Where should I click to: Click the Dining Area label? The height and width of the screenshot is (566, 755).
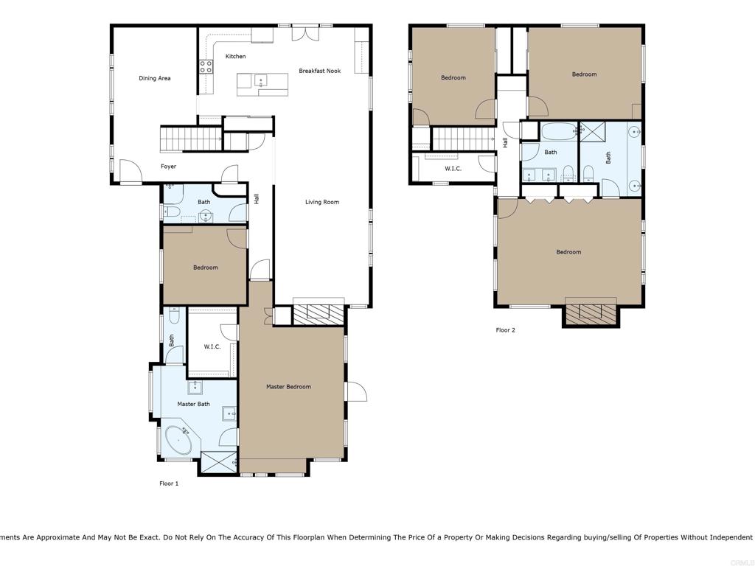(155, 78)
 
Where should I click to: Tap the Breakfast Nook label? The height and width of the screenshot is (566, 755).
(319, 71)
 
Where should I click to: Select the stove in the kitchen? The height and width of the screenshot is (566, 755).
(206, 68)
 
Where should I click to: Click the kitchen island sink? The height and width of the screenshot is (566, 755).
(260, 81)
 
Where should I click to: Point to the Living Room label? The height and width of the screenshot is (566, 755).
(322, 202)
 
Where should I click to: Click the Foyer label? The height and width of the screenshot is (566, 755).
(169, 167)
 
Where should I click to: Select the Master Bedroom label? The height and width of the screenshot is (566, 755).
(288, 387)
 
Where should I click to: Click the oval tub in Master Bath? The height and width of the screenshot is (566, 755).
(178, 441)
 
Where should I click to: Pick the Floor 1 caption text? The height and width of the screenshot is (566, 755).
(169, 483)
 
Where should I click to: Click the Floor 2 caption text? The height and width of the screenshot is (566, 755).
(505, 330)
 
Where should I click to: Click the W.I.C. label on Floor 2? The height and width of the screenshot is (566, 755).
(453, 169)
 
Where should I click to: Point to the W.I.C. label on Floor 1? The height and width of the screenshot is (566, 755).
(212, 346)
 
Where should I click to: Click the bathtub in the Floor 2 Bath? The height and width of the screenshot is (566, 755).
(559, 133)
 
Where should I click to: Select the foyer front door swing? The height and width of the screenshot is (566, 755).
(131, 172)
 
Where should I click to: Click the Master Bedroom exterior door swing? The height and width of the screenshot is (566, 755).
(355, 391)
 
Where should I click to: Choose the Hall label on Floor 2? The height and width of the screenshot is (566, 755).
(506, 143)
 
